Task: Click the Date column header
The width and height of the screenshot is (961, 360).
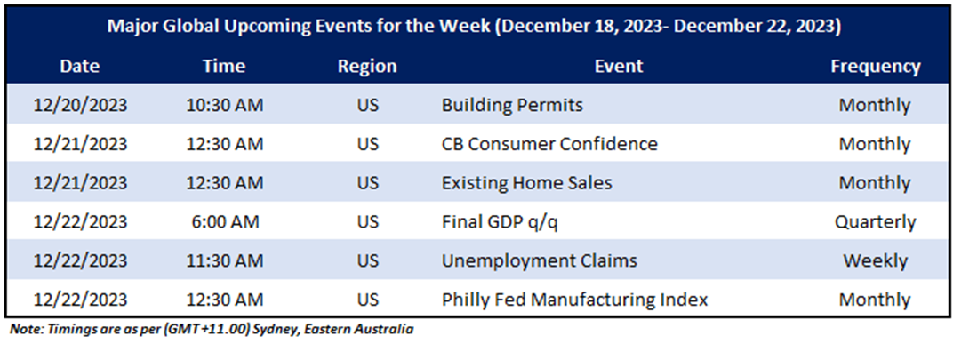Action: pyautogui.click(x=80, y=67)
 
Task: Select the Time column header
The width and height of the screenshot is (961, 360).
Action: pyautogui.click(x=224, y=67)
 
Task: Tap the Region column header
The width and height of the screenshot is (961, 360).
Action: pyautogui.click(x=367, y=67)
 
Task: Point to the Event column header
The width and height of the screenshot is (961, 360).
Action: pyautogui.click(x=619, y=67)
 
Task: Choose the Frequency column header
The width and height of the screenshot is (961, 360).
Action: pyautogui.click(x=875, y=67)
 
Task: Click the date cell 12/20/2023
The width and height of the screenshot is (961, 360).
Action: pyautogui.click(x=80, y=106)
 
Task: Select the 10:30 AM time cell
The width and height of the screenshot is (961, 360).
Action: pyautogui.click(x=224, y=106)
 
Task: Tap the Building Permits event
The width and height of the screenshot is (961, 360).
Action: pyautogui.click(x=512, y=106)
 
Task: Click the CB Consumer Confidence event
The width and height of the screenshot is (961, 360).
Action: pyautogui.click(x=549, y=144)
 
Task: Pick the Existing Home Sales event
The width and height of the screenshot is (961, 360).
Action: pyautogui.click(x=526, y=183)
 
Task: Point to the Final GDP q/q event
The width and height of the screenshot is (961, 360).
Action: pyautogui.click(x=500, y=222)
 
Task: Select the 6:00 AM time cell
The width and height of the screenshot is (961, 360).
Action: pyautogui.click(x=224, y=222)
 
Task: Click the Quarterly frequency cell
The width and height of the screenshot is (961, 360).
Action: pyautogui.click(x=875, y=222)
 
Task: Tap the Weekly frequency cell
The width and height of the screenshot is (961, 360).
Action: pyautogui.click(x=875, y=261)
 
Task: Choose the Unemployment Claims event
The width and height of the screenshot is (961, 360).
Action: pyautogui.click(x=540, y=261)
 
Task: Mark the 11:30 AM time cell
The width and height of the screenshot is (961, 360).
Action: pyautogui.click(x=224, y=260)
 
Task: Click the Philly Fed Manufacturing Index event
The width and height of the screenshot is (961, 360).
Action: pyautogui.click(x=574, y=300)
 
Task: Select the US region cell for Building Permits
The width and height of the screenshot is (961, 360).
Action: pyautogui.click(x=367, y=106)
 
